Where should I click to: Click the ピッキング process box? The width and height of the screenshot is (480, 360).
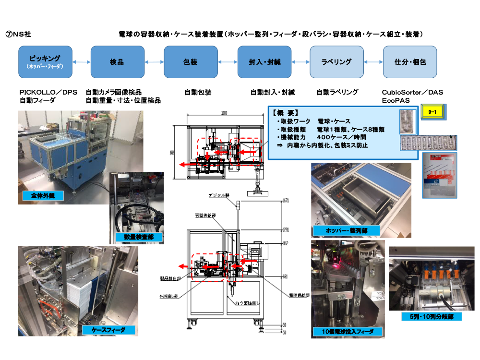(x=45, y=61)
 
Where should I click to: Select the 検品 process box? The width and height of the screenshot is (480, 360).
(x=118, y=61)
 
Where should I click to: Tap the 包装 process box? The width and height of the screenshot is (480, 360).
(x=191, y=61)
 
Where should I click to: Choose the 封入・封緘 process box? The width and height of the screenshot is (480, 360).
(x=264, y=61)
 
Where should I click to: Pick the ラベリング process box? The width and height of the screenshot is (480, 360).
(x=336, y=61)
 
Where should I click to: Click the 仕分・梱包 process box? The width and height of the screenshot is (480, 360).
(x=409, y=61)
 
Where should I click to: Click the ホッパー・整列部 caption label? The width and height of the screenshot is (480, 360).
(x=345, y=230)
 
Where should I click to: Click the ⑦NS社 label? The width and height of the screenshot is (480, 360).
(x=22, y=34)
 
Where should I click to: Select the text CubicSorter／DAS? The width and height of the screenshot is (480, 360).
(x=412, y=92)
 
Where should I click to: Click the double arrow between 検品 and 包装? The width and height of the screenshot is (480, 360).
(x=154, y=61)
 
